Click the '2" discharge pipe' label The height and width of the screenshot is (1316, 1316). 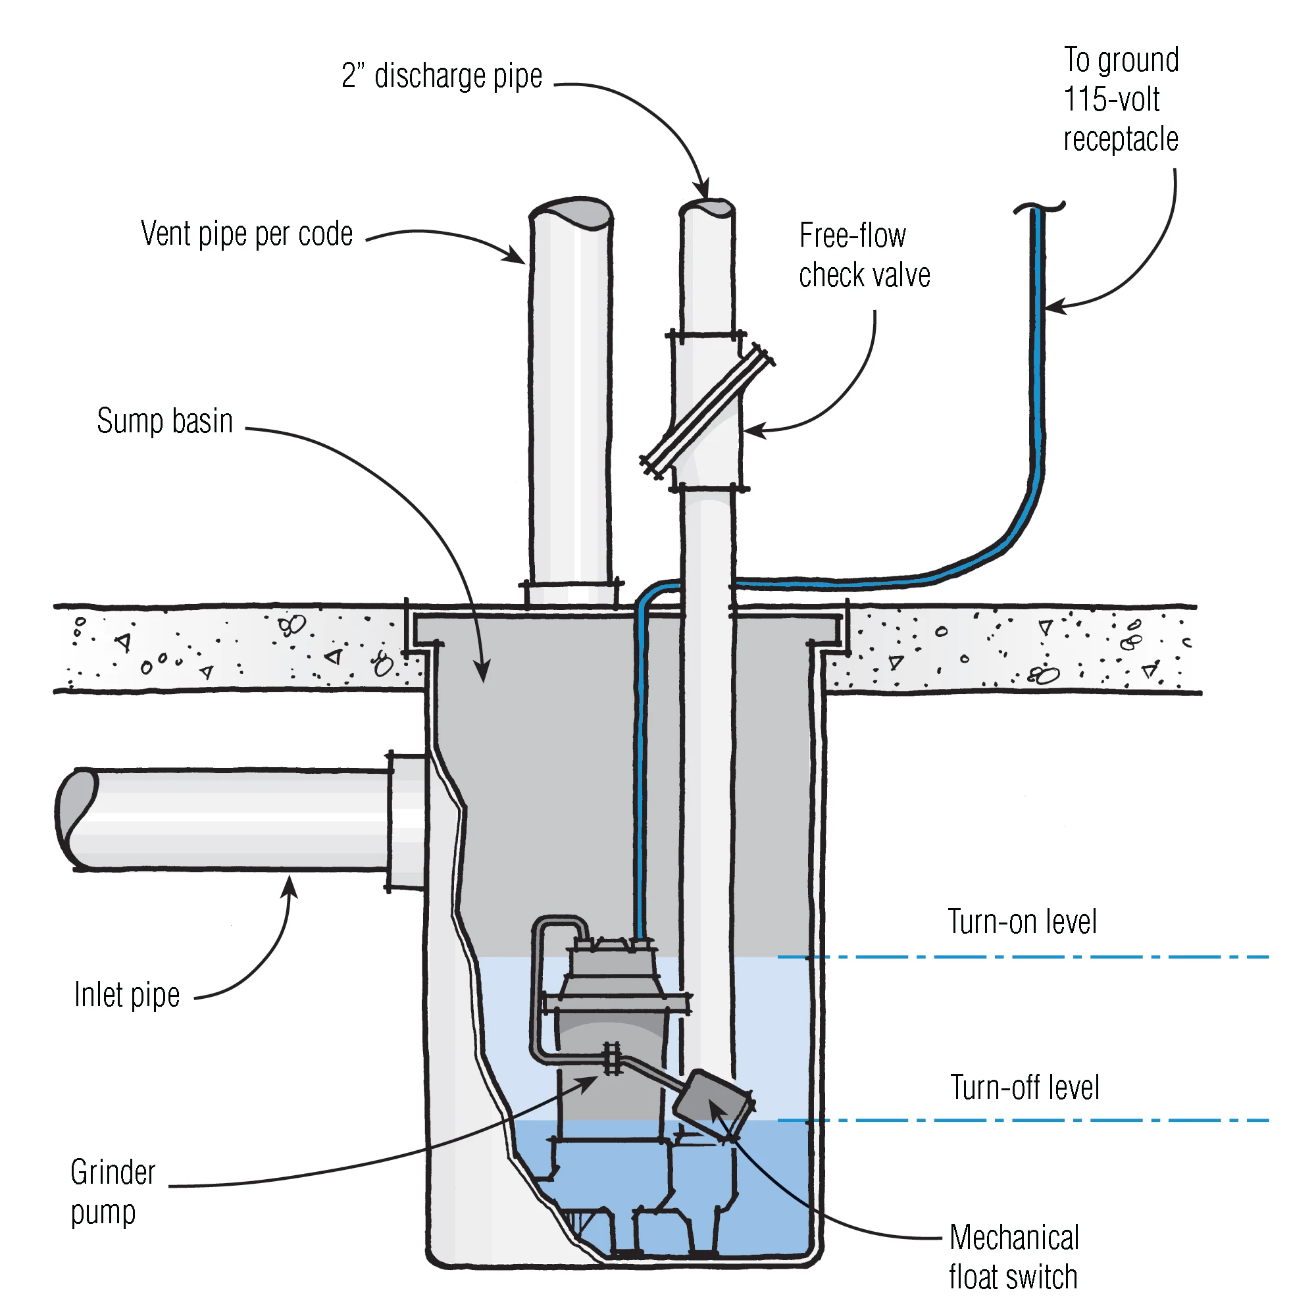pyautogui.click(x=442, y=76)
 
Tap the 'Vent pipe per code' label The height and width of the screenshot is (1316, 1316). pyautogui.click(x=247, y=234)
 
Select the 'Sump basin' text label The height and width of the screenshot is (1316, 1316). pyautogui.click(x=165, y=421)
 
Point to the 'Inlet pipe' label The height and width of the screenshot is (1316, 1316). pyautogui.click(x=127, y=995)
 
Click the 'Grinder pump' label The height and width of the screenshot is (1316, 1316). pyautogui.click(x=113, y=1192)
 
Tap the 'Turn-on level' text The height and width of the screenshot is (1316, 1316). pyautogui.click(x=1022, y=923)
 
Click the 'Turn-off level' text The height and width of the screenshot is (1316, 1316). pyautogui.click(x=1025, y=1087)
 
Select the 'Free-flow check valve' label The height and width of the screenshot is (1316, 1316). pyautogui.click(x=865, y=255)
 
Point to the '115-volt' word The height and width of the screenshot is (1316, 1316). pyautogui.click(x=1111, y=99)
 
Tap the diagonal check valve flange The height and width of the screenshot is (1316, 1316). pyautogui.click(x=708, y=412)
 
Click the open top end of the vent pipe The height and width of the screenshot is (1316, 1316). pyautogui.click(x=570, y=212)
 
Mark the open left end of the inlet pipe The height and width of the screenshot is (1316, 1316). pyautogui.click(x=76, y=819)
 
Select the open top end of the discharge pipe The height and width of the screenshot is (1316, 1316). pyautogui.click(x=707, y=208)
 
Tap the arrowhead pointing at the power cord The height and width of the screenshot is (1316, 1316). pyautogui.click(x=1053, y=307)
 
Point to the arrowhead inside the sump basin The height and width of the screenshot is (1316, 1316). pyautogui.click(x=483, y=672)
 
